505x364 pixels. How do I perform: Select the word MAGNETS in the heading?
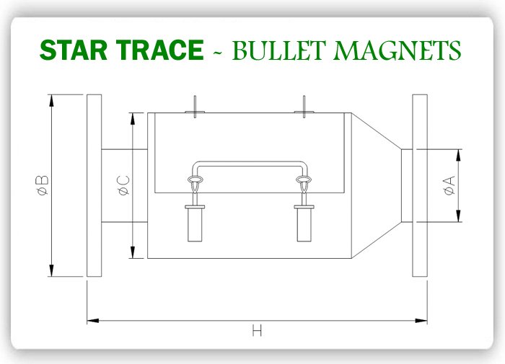coord(401,50)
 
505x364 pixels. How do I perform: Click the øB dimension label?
coord(42,185)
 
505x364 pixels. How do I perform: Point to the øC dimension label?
coord(123,185)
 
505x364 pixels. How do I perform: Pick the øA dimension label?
coord(449,185)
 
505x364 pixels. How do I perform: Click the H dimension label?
coord(257,331)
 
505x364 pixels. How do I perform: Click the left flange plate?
coord(94,185)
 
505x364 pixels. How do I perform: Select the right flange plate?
coord(420,185)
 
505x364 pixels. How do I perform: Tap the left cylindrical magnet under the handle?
coord(196,223)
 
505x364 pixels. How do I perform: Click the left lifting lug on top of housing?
coord(196,107)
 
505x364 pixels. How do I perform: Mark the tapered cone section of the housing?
coord(375,185)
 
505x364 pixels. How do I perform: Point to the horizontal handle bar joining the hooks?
coord(250,163)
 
